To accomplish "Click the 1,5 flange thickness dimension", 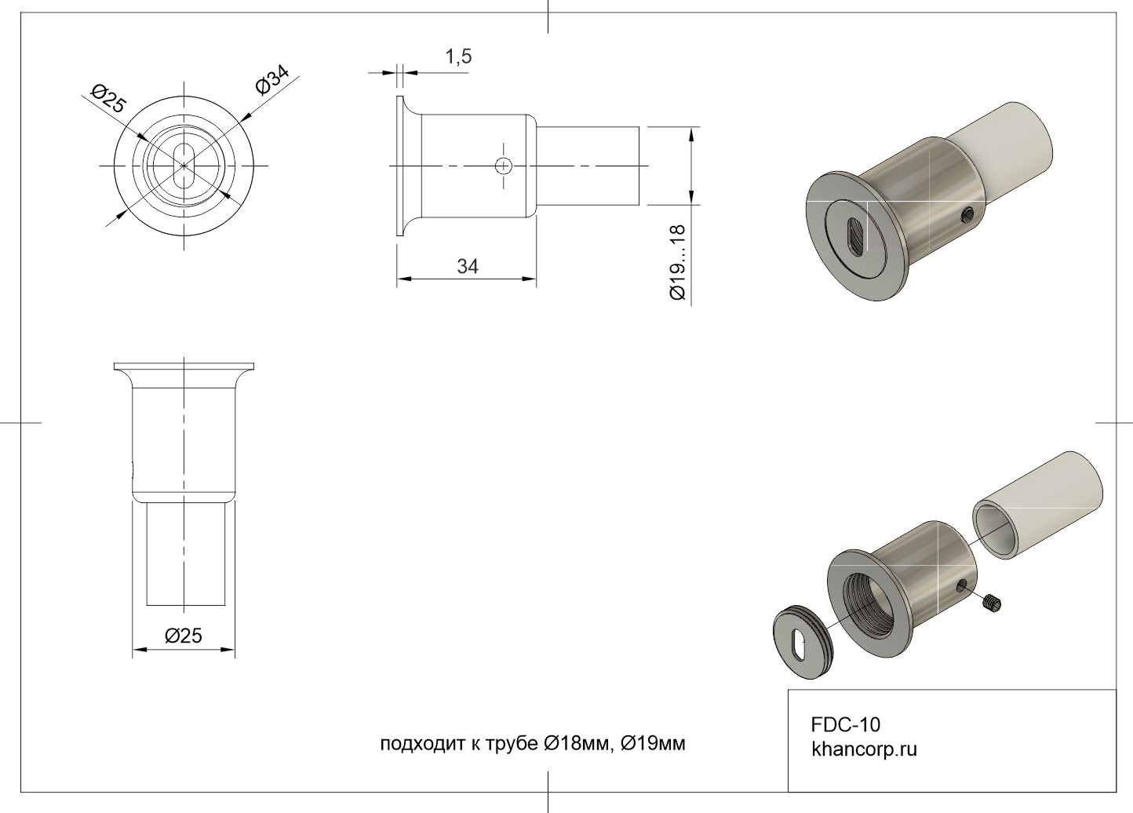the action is pyautogui.click(x=458, y=57).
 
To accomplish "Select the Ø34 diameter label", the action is pyautogui.click(x=272, y=80).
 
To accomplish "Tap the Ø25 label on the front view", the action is pyautogui.click(x=107, y=98).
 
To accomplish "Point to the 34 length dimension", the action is pyautogui.click(x=468, y=266).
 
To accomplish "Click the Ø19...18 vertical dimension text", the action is pyautogui.click(x=678, y=263).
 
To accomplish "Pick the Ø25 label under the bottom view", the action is pyautogui.click(x=183, y=636).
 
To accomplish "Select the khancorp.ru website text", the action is pyautogui.click(x=864, y=749).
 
